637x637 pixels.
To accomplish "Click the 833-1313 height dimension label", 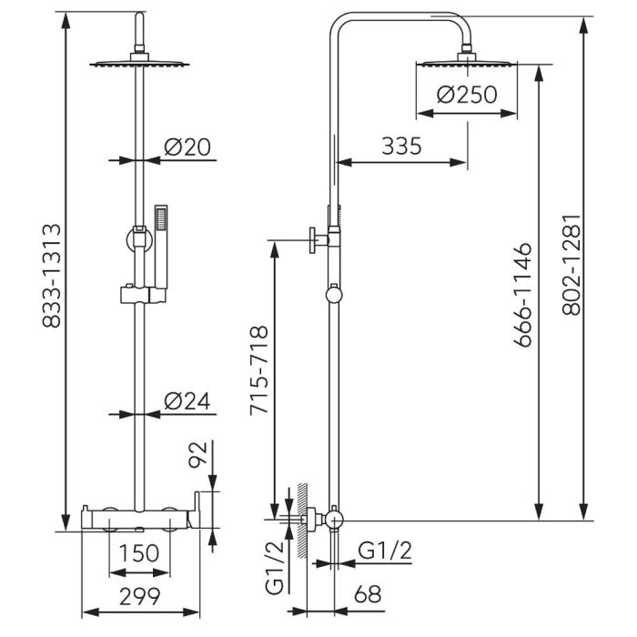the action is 52,276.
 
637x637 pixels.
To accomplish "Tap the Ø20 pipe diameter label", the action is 187,147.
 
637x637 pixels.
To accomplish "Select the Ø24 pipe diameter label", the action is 187,401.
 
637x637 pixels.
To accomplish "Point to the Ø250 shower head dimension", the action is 467,95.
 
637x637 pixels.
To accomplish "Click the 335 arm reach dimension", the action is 402,146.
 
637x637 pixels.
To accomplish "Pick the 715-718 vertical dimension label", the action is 258,370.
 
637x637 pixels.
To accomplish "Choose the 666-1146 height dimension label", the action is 522,295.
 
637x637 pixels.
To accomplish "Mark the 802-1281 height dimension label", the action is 571,266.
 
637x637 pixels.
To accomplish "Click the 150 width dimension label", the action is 139,553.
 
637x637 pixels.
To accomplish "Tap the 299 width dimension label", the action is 140,596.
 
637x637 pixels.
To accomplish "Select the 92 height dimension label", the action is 197,455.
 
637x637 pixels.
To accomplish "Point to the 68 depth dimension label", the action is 368,594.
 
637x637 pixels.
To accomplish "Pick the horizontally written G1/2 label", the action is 385,551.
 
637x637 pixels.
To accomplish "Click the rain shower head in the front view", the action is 139,64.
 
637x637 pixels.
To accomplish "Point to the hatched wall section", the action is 302,521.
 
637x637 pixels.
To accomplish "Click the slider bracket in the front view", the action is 143,295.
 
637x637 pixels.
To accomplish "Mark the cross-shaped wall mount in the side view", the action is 318,240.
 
